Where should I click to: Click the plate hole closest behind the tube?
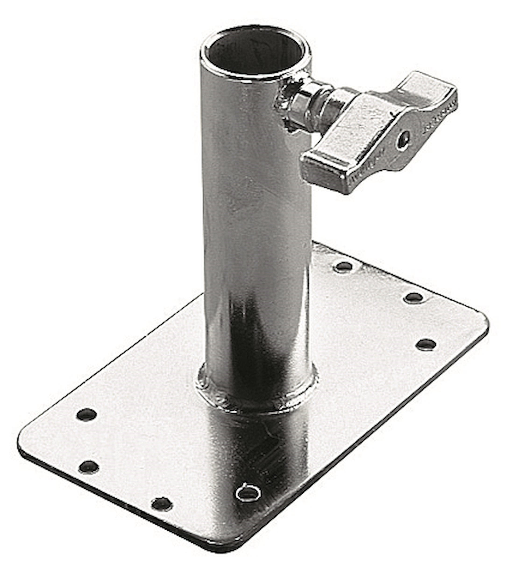click(343, 267)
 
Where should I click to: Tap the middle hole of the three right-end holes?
click(413, 298)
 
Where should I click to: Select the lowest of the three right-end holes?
click(426, 344)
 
